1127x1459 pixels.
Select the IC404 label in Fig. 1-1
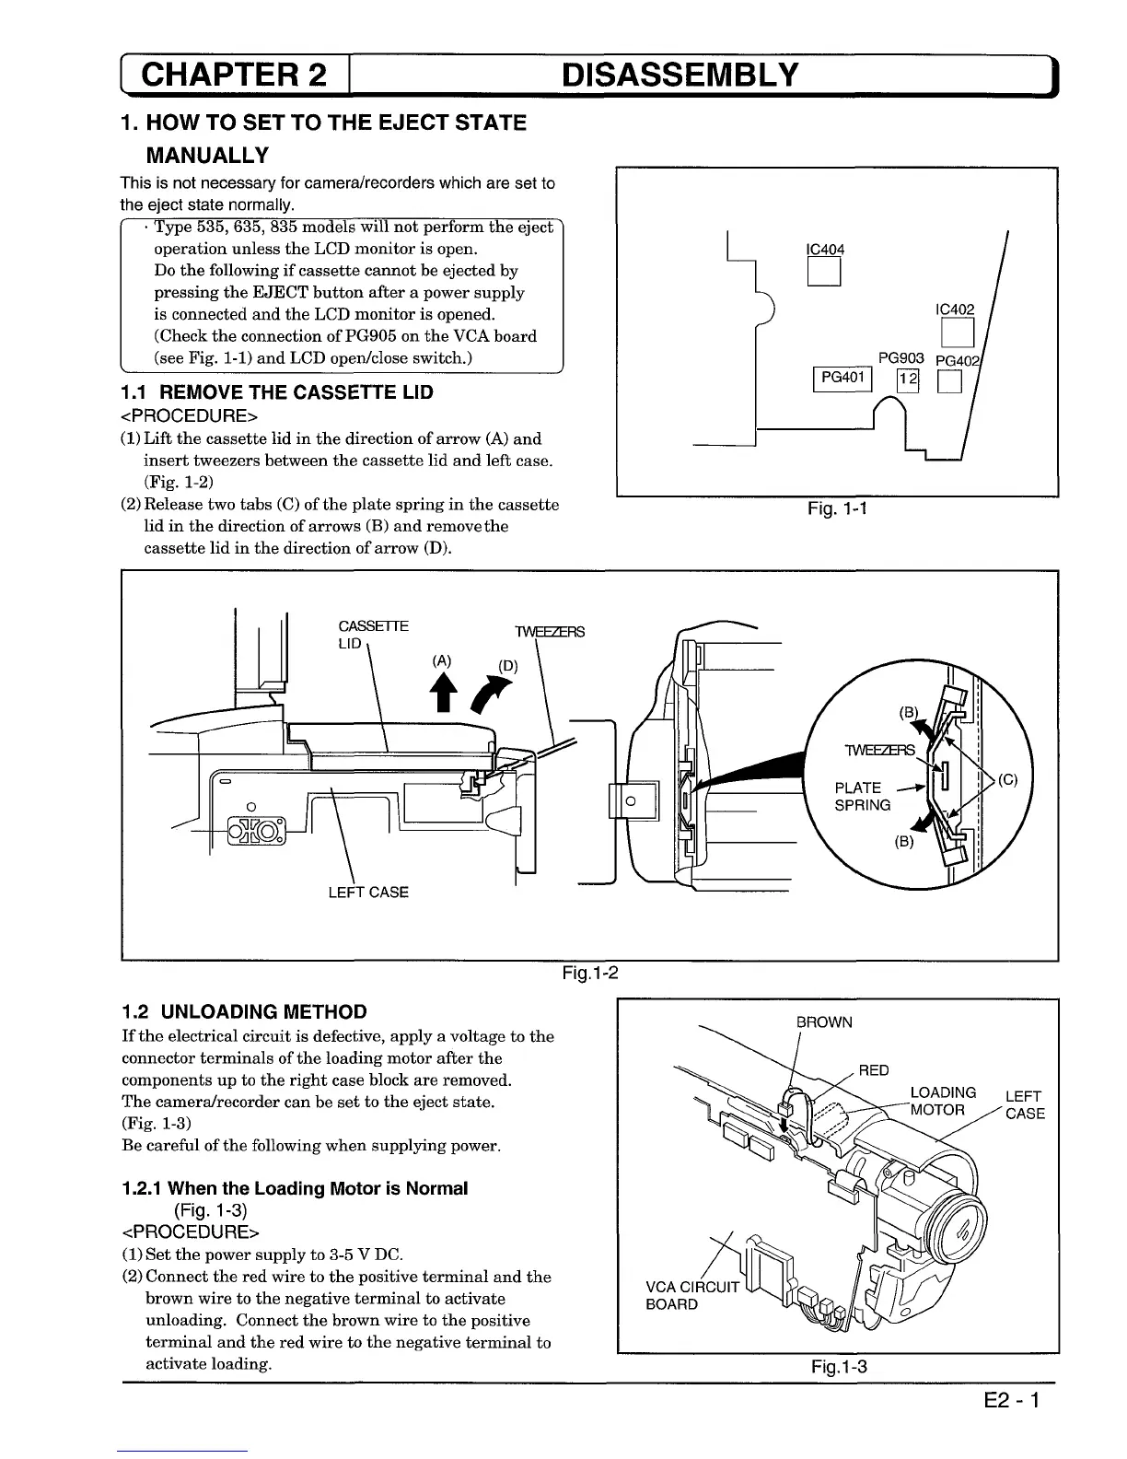824,249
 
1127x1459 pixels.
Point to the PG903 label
900,358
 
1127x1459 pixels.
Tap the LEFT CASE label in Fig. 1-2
368,892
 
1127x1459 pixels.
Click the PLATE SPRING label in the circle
862,796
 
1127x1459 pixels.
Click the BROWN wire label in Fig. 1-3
824,1022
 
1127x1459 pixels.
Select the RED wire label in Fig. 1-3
873,1070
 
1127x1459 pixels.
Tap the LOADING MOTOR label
942,1102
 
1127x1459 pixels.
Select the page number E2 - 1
1010,1402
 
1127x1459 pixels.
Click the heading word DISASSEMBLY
680,76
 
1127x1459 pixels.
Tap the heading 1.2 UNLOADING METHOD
244,1011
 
